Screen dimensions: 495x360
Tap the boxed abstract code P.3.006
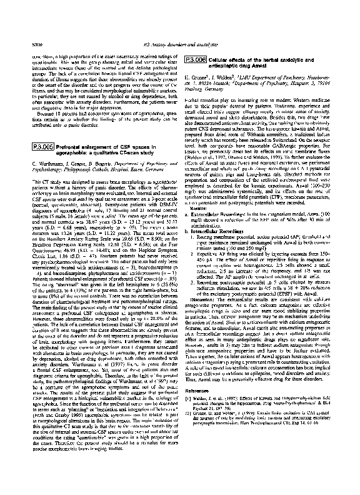(x=196, y=25)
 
